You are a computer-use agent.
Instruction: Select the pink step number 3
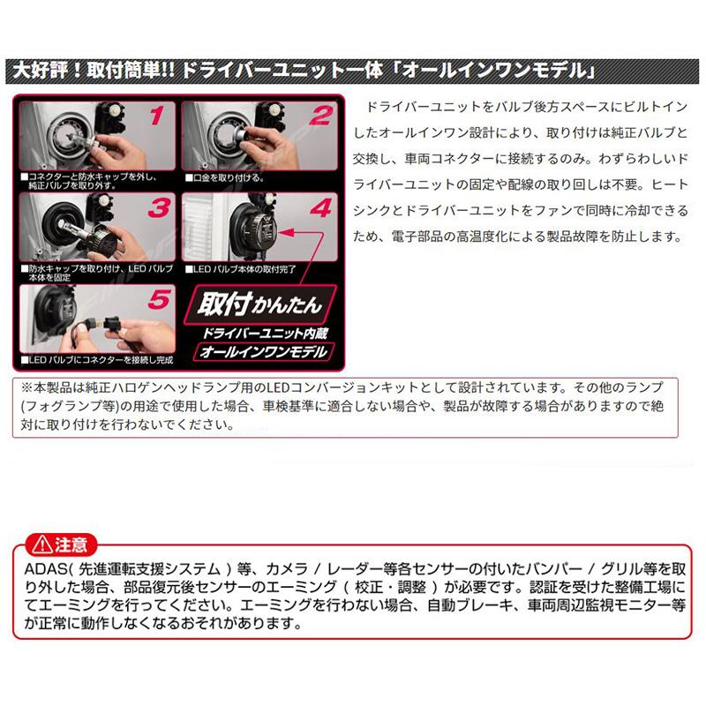[157, 209]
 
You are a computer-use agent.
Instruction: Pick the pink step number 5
[157, 300]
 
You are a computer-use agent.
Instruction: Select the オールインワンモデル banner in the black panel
[261, 350]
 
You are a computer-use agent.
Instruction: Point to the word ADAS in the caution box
[41, 568]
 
